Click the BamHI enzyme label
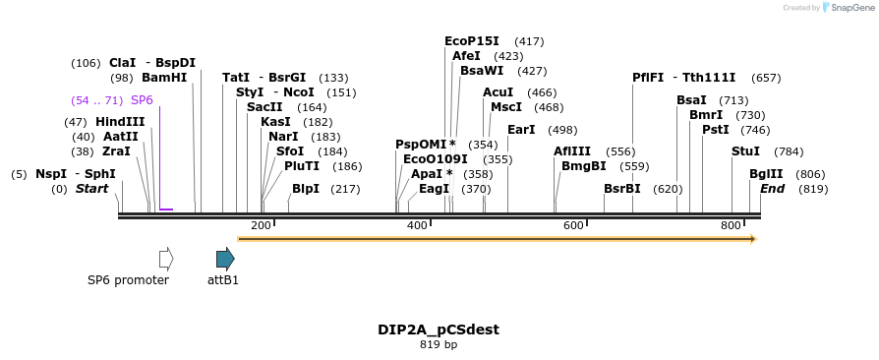tap(164, 78)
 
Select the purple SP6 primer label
tap(142, 100)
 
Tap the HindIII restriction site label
tap(120, 122)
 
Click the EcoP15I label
tap(472, 41)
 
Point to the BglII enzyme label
tap(766, 174)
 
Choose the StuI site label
tap(745, 151)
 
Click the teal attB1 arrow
tap(225, 259)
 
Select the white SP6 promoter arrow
tap(166, 259)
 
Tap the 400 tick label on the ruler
tap(417, 226)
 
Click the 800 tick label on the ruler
tap(731, 226)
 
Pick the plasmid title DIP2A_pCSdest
tap(439, 330)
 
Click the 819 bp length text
tap(439, 345)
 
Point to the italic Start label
tap(91, 189)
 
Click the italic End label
tap(772, 189)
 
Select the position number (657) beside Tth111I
tap(766, 78)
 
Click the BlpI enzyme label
tap(306, 189)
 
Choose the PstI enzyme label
tap(715, 130)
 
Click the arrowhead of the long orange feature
tap(752, 239)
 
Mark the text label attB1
tap(223, 280)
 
